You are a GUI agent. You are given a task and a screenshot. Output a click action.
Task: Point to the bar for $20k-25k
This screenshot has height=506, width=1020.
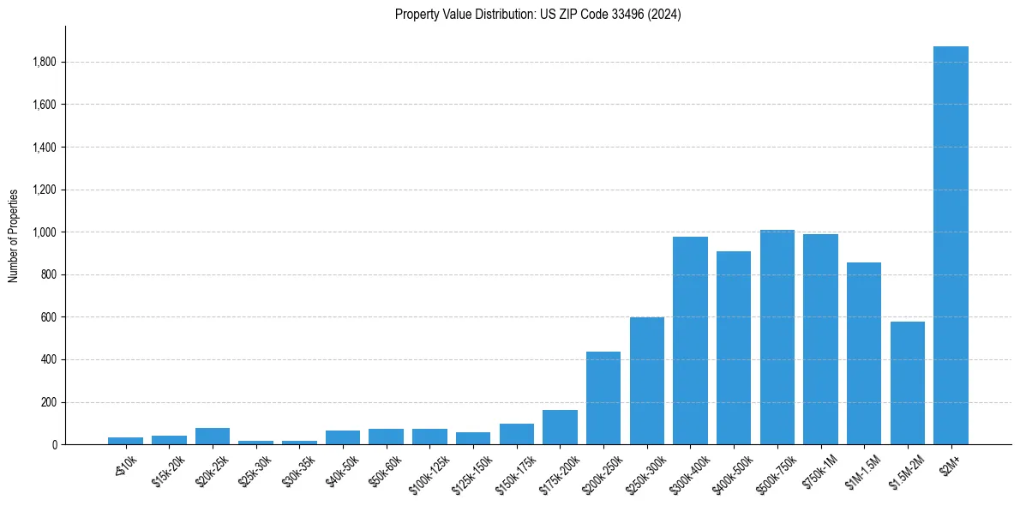213,436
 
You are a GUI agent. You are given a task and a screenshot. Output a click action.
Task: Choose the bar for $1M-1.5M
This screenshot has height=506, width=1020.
864,353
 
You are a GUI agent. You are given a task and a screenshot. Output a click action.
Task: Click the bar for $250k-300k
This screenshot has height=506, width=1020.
647,381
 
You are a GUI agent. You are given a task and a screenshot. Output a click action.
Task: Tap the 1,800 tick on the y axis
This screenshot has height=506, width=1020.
45,62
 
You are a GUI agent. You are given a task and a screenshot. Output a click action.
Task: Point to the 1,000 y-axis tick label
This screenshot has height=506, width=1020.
45,232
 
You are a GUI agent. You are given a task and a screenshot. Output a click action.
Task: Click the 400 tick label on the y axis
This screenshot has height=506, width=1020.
49,360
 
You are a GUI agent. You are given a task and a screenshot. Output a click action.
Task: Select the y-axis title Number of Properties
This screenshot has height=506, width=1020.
13,236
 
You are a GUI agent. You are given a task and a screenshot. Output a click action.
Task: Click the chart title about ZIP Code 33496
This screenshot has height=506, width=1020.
538,14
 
